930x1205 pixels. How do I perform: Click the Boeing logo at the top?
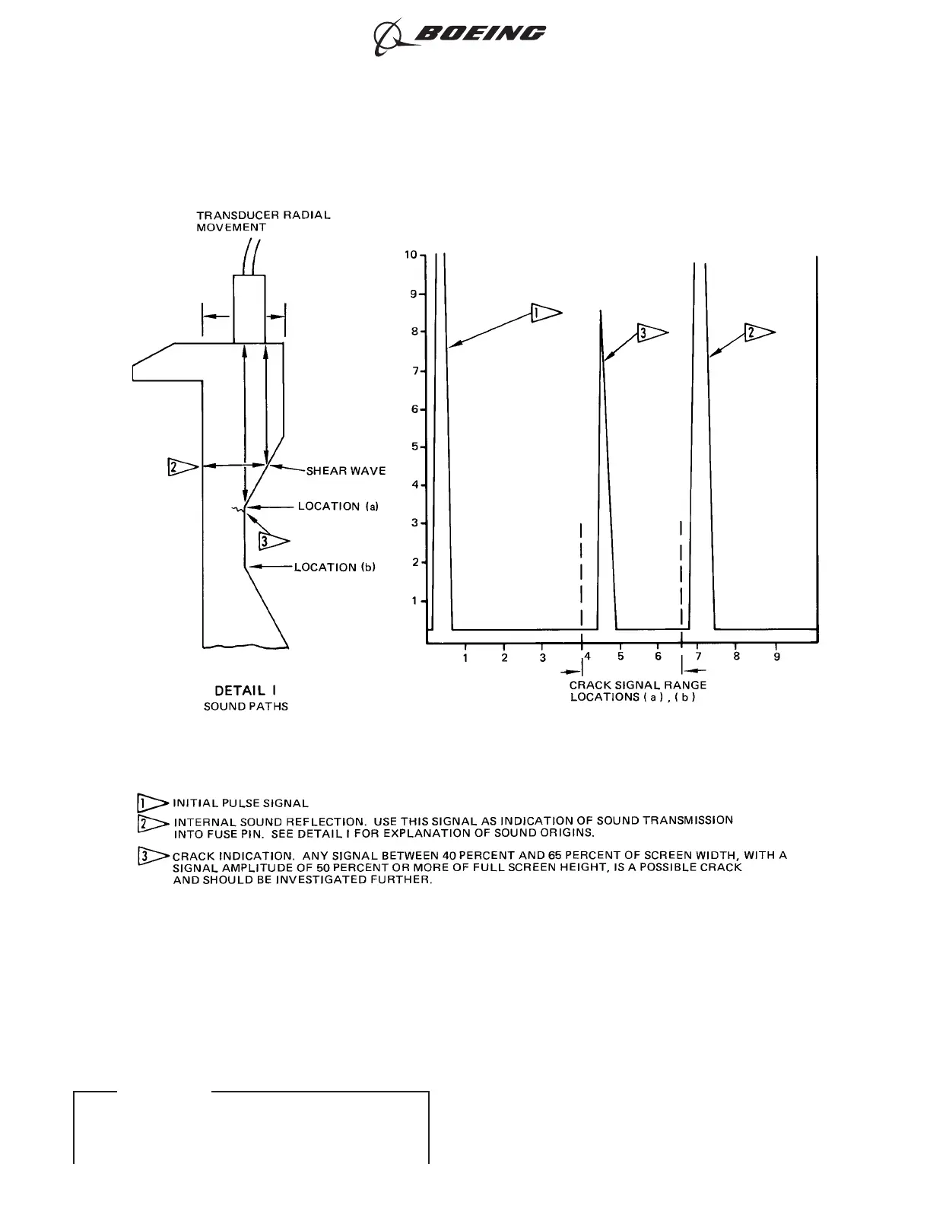(x=459, y=35)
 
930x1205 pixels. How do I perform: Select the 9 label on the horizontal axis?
(x=776, y=657)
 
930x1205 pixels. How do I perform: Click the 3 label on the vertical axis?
(x=414, y=523)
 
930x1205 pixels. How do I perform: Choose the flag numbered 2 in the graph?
(x=759, y=332)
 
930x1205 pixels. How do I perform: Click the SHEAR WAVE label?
(x=345, y=471)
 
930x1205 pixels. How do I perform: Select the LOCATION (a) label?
(x=338, y=506)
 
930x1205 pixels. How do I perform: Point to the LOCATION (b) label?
(x=335, y=567)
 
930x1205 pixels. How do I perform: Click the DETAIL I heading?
(x=245, y=691)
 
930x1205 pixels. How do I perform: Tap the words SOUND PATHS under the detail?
(x=246, y=707)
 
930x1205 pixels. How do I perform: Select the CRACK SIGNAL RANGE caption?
(x=637, y=685)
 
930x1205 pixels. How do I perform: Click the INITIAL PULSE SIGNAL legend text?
(x=240, y=803)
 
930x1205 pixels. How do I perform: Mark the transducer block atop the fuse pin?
(x=249, y=309)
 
